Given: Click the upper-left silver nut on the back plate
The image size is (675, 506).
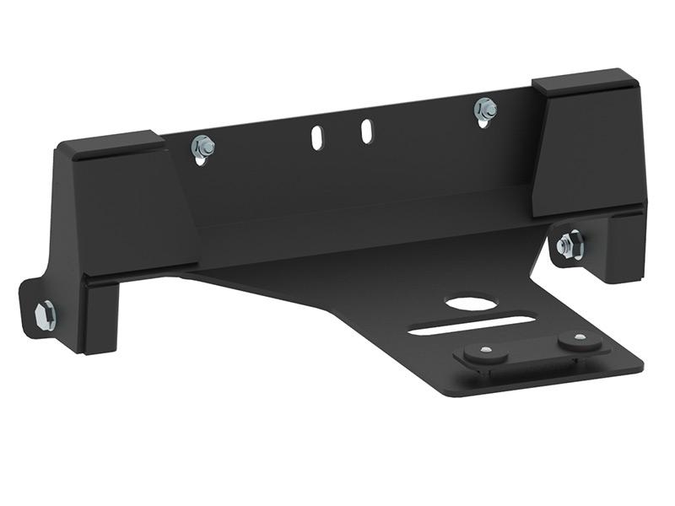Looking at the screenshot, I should [202, 148].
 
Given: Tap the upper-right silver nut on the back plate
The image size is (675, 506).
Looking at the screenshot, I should [485, 109].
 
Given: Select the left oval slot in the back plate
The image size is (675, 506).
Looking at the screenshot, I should [316, 137].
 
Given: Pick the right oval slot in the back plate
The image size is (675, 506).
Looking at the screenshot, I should [367, 131].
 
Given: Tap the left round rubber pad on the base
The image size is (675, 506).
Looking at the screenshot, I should [486, 353].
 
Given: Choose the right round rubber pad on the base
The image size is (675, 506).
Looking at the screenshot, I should [580, 342].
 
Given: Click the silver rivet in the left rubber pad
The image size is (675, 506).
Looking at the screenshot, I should [487, 349].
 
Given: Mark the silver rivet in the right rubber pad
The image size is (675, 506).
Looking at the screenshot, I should [580, 337].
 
